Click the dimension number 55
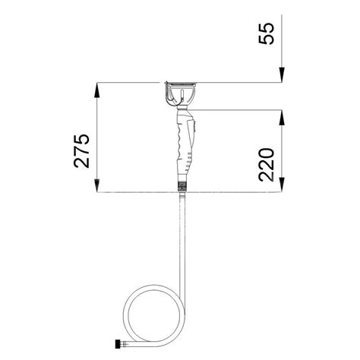coord(267,33)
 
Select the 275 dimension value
coord(81,151)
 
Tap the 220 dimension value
coord(267,165)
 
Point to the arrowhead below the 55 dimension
coord(282,74)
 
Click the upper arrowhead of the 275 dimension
coord(97,90)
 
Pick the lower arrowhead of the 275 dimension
coord(97,185)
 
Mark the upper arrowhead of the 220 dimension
coord(282,117)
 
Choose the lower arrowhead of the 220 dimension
coord(282,185)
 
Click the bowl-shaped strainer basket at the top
coord(181,94)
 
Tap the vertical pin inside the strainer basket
coord(182,95)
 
